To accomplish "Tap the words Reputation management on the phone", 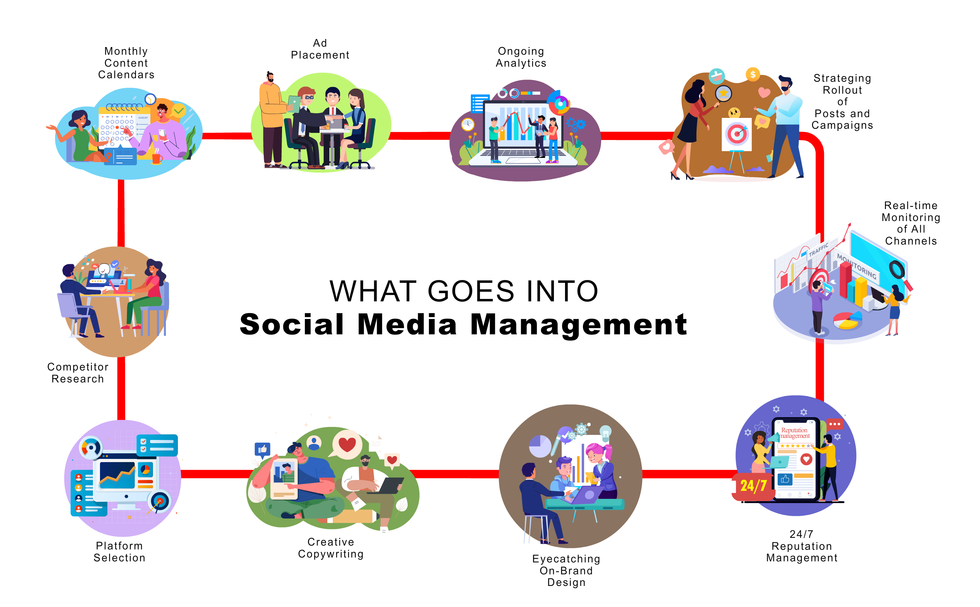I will pos(794,433).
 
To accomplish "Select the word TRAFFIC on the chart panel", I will pos(818,250).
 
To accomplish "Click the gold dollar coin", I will pos(753,74).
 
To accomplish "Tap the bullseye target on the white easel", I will pos(737,133).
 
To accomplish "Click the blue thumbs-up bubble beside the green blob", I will pos(262,449).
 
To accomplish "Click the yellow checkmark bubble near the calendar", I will pos(179,111).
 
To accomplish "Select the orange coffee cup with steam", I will pos(156,158).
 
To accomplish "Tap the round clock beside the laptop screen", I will pos(468,125).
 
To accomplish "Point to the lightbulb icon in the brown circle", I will pos(605,433).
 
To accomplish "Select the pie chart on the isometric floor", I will pos(847,320).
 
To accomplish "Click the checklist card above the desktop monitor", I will pos(157,445).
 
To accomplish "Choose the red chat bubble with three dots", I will pos(834,424).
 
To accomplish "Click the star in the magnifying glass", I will pos(723,93).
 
